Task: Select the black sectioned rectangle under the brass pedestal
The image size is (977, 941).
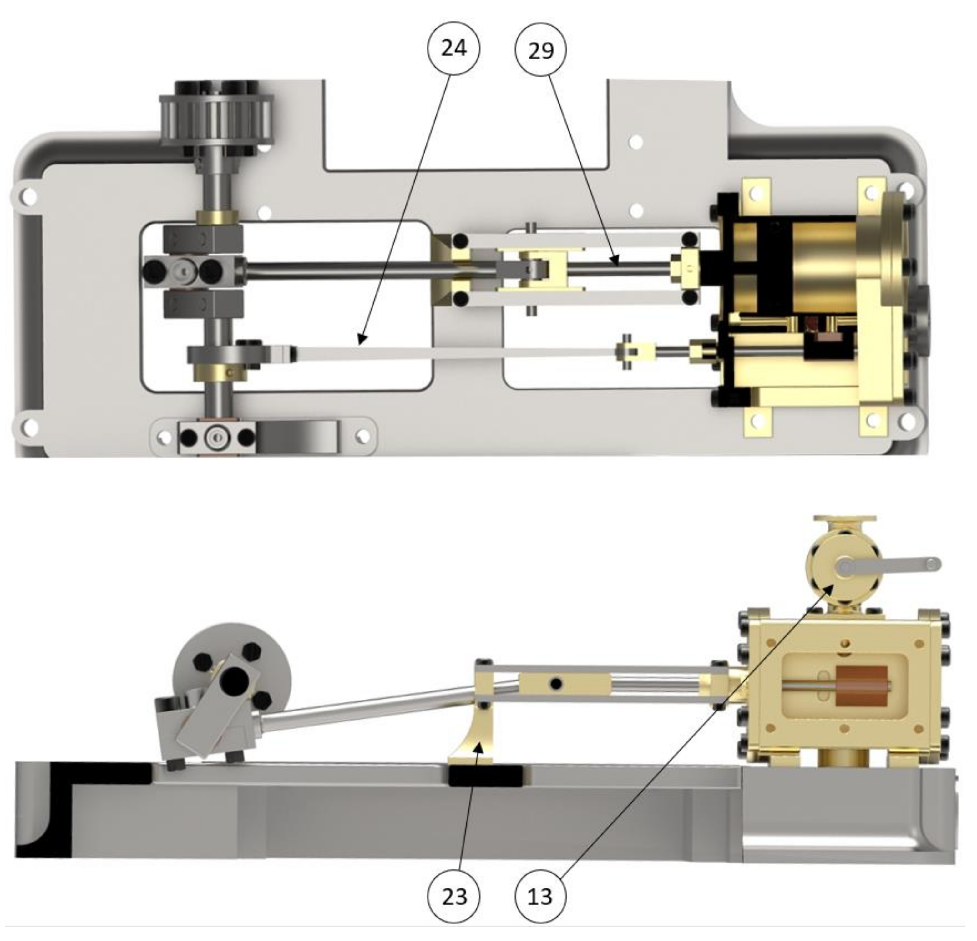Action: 486,775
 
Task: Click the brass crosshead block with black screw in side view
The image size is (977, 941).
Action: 563,684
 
